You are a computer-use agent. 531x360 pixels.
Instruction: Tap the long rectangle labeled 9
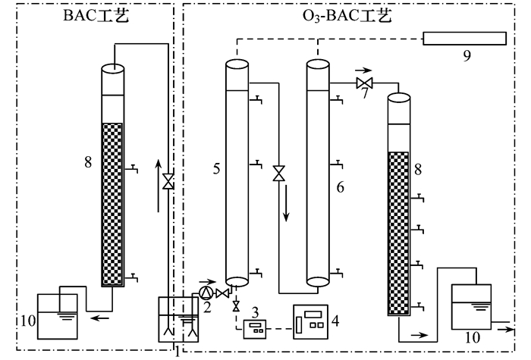coord(464,38)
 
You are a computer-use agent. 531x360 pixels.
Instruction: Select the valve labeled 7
coord(365,83)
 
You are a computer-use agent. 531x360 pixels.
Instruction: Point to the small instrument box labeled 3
coord(255,327)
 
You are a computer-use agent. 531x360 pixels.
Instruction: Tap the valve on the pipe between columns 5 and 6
coord(279,174)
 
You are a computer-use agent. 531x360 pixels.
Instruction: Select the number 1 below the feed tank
coord(178,350)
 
